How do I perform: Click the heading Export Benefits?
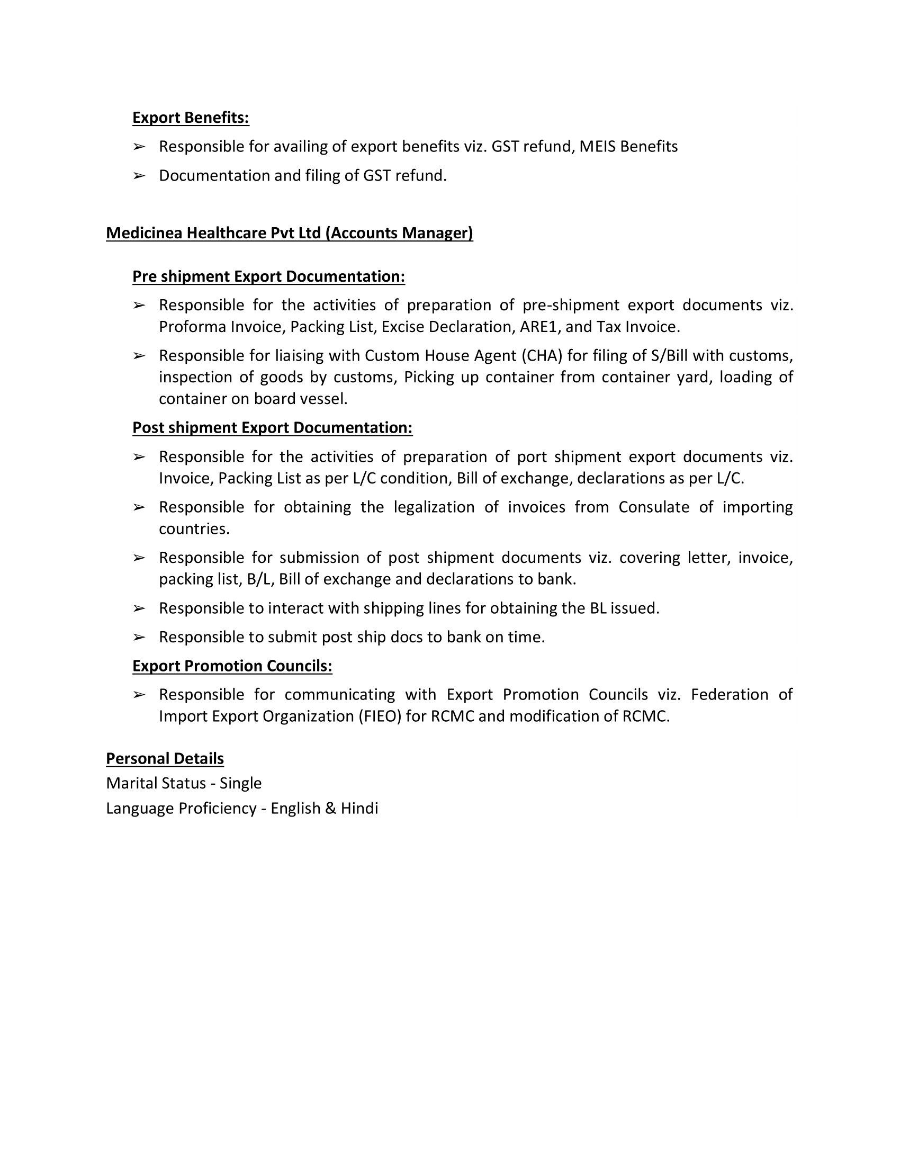[x=191, y=118]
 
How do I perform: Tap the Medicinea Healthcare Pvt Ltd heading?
[x=290, y=233]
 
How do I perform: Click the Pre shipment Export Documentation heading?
[x=269, y=276]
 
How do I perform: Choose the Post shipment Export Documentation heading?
[x=273, y=428]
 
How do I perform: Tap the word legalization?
[x=434, y=507]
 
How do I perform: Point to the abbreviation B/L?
[x=260, y=579]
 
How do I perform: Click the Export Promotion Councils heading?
[x=232, y=666]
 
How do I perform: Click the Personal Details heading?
[x=165, y=758]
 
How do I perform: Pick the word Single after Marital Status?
[x=240, y=783]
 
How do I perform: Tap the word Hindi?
[x=359, y=808]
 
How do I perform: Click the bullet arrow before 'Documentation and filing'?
[x=139, y=175]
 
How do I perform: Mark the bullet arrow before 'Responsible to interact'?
[x=139, y=608]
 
